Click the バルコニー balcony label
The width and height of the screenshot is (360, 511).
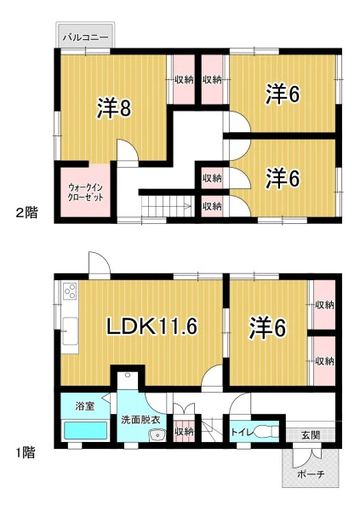click(x=85, y=37)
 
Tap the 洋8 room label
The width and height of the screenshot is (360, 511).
click(x=114, y=108)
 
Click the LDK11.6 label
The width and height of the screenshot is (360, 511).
click(x=152, y=326)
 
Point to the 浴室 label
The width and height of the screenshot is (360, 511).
click(x=85, y=406)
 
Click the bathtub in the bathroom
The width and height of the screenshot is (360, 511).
click(x=86, y=430)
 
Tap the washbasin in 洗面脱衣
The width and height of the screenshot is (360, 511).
click(x=157, y=435)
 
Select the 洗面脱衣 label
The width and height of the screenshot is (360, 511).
click(x=140, y=420)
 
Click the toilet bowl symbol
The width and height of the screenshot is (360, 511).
click(x=266, y=432)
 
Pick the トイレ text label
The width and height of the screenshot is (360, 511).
click(x=242, y=433)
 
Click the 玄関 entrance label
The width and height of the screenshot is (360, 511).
click(x=311, y=434)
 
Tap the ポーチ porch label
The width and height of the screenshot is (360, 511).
click(x=311, y=474)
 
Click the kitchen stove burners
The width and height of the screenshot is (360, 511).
click(x=70, y=291)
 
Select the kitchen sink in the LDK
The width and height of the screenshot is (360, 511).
click(x=70, y=331)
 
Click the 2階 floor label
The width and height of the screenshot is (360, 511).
click(x=27, y=213)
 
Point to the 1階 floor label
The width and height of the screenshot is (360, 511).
click(x=26, y=453)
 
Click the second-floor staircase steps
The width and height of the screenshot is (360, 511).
click(x=166, y=206)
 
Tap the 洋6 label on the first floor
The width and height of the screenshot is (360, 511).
click(x=268, y=327)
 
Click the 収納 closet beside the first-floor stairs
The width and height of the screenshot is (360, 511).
click(x=184, y=432)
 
